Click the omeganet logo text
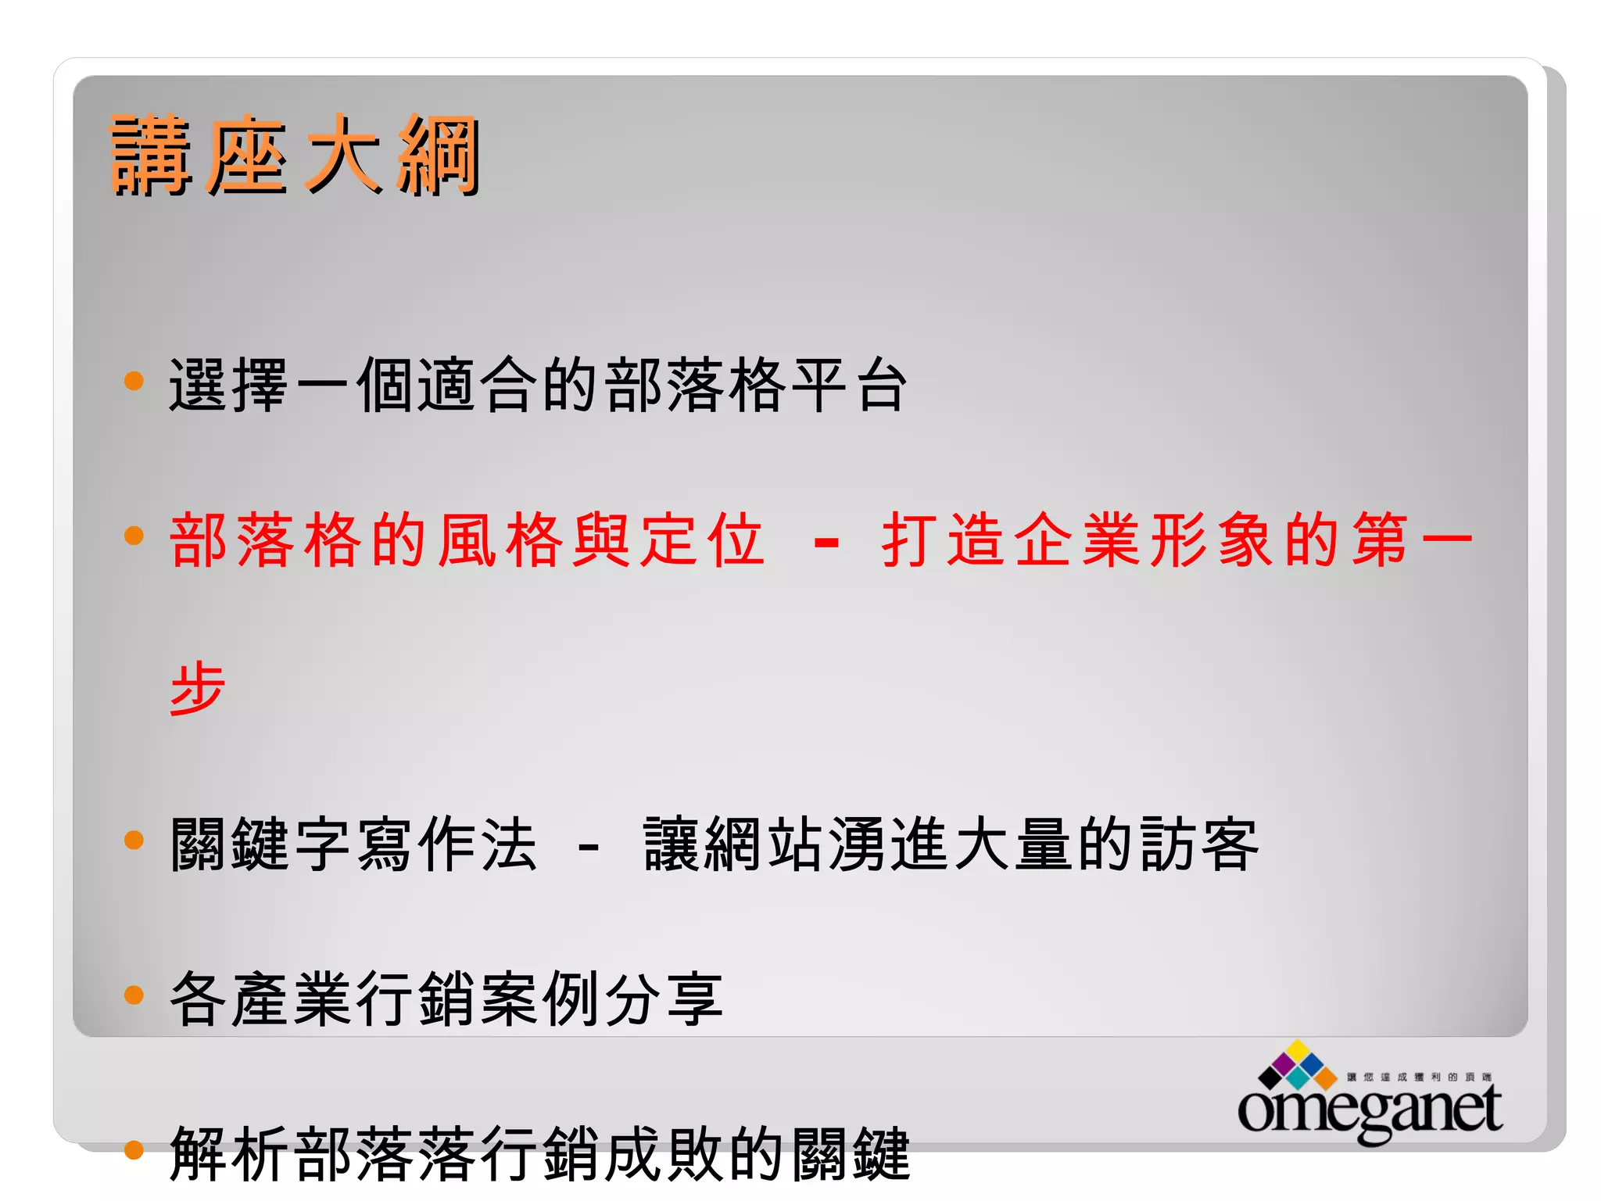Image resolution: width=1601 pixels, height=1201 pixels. point(1370,1109)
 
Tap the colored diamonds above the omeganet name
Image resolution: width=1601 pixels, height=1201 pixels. point(1298,1065)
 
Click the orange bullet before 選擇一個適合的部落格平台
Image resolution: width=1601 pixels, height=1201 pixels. point(134,381)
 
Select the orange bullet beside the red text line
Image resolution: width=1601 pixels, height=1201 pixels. point(134,536)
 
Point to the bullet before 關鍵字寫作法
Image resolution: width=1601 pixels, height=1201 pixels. point(134,840)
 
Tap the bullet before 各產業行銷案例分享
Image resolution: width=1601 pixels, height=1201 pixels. point(134,995)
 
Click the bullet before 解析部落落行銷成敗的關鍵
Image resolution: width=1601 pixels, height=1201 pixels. point(134,1149)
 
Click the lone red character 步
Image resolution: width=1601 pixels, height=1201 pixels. point(198,687)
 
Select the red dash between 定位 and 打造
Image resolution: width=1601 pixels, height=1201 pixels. point(826,541)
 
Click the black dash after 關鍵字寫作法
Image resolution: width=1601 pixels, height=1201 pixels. point(588,846)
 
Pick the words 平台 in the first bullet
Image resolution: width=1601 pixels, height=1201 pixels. point(849,385)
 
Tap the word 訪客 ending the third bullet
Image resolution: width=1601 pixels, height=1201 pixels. point(1198,844)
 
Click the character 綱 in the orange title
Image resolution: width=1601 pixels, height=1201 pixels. point(438,154)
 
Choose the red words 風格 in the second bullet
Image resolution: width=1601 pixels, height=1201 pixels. point(500,540)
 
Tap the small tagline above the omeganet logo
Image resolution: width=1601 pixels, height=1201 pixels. point(1418,1077)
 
